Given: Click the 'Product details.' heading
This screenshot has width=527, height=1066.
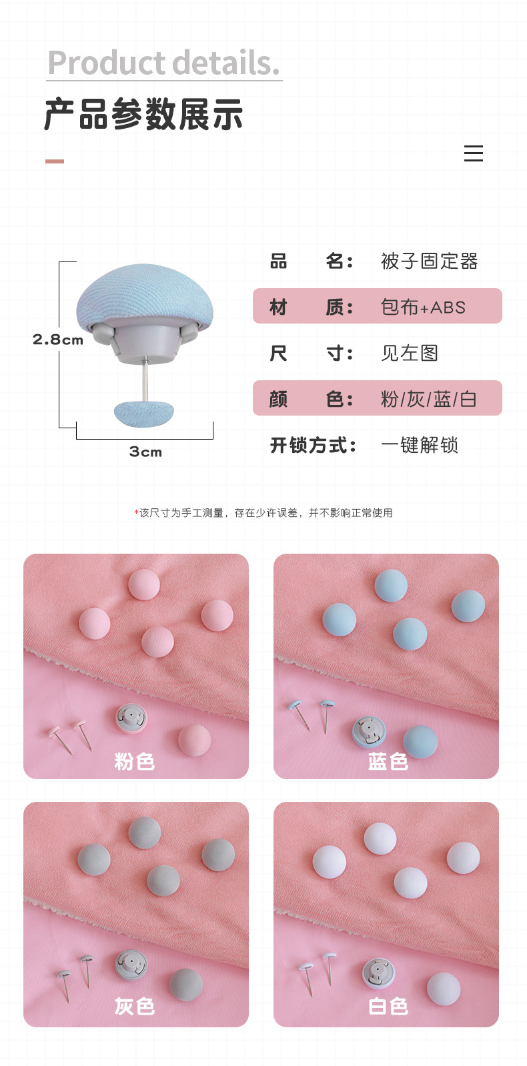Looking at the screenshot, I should point(163,63).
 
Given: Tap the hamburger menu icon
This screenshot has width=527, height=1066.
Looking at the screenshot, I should point(473,153).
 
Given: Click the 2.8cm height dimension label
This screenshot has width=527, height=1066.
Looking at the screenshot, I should point(58,340).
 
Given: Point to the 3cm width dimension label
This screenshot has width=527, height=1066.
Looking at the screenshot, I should point(145,452).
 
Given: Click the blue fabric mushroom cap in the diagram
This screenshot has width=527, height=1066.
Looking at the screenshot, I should point(145,294).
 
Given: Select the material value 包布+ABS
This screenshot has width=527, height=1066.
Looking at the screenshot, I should point(423,307).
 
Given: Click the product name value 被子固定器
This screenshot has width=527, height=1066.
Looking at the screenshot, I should point(429,261).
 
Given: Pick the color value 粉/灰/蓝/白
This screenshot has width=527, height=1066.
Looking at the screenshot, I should point(428,399).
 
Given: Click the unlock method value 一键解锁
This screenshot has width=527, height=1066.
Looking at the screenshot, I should point(420,445).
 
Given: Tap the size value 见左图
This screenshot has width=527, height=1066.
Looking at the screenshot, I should point(409,353).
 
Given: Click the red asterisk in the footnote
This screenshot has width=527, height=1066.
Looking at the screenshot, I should point(136,512).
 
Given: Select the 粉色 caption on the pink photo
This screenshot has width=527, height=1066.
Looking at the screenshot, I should point(135,761).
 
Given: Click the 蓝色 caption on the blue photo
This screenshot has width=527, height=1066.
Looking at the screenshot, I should point(388,761).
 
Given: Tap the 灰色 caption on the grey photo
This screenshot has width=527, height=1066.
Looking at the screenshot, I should point(135,1006).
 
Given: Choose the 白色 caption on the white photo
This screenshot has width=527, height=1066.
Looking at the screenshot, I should point(388,1006).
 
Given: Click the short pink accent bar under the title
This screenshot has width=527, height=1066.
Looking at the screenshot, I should point(55,161).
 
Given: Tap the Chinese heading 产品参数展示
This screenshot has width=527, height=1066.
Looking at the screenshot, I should point(144,115).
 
